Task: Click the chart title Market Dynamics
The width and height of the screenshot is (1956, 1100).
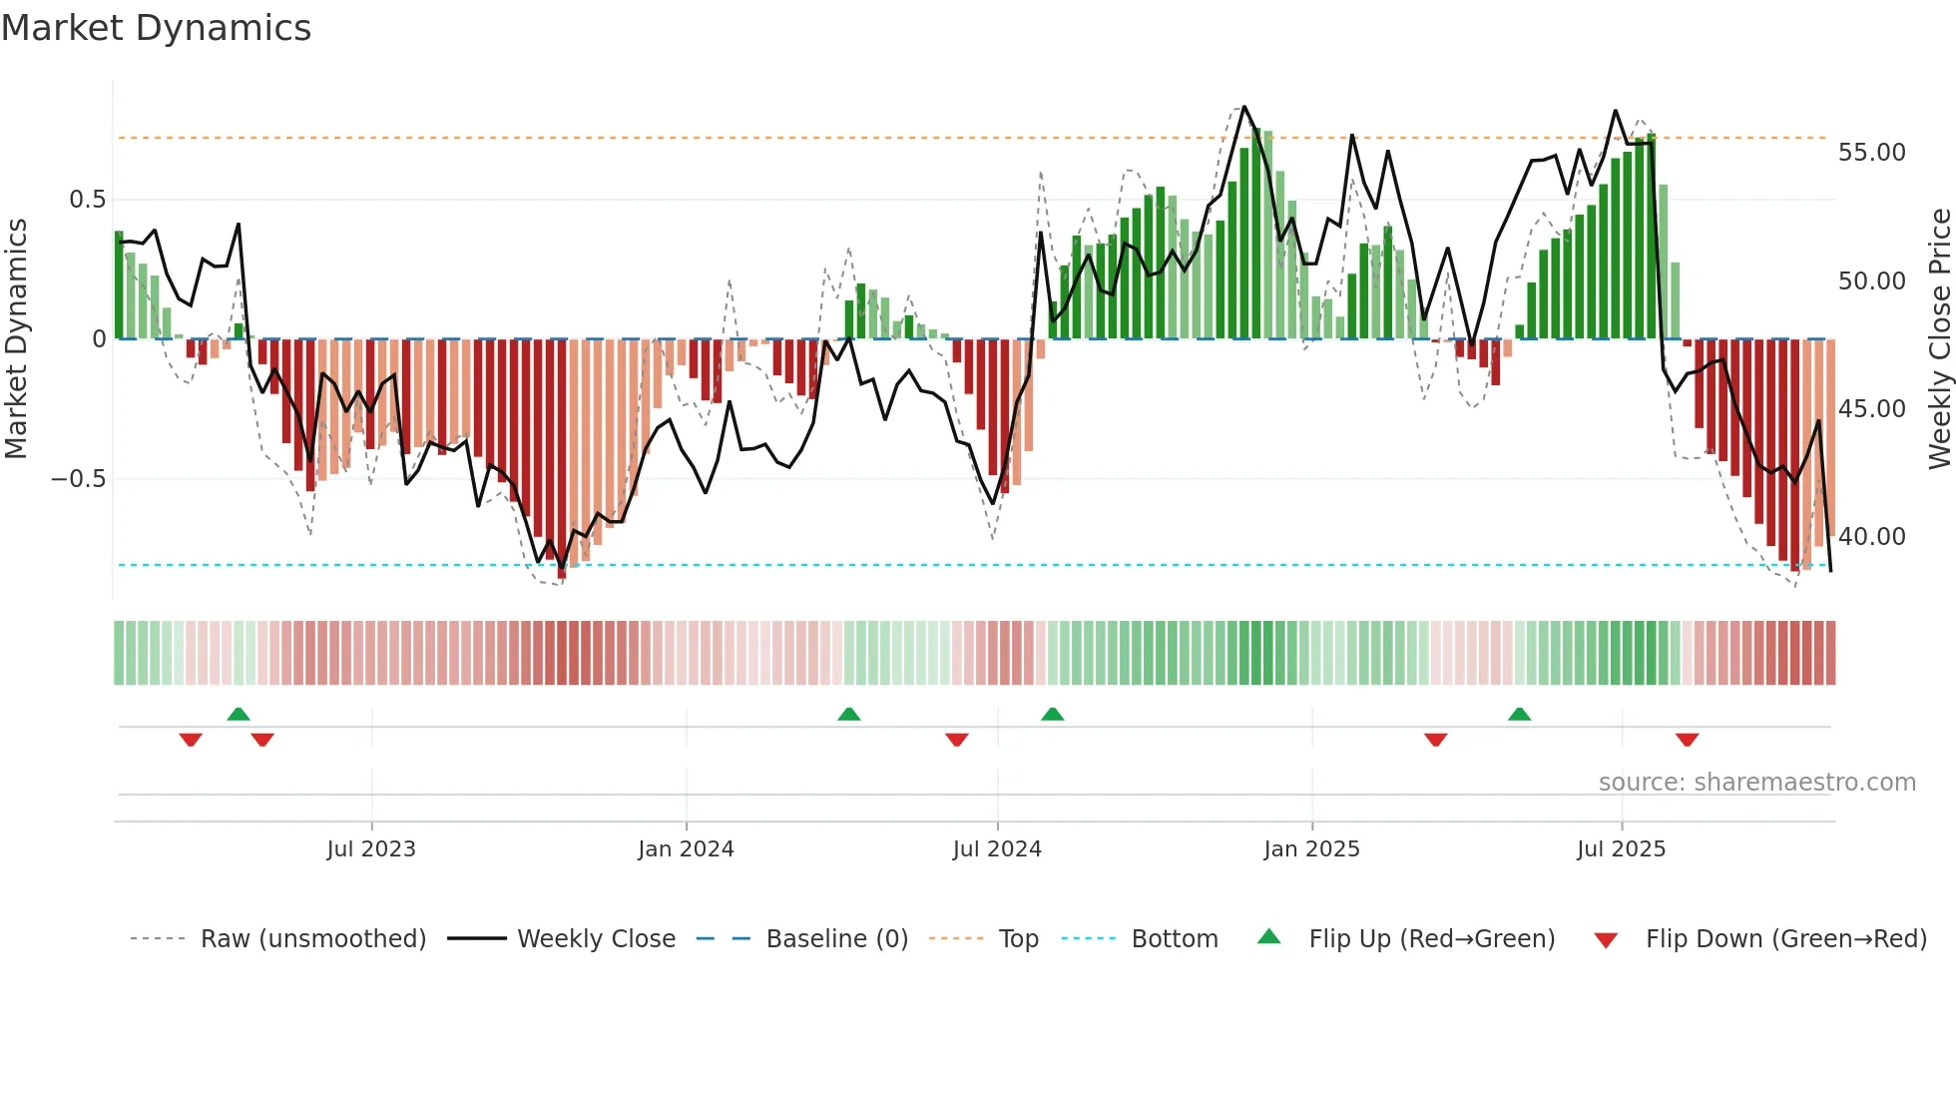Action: tap(156, 28)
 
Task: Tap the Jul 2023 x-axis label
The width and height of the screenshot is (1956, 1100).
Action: tap(371, 849)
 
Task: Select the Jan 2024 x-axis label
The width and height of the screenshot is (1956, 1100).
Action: tap(686, 849)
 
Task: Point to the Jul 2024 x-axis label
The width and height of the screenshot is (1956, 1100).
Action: tap(997, 849)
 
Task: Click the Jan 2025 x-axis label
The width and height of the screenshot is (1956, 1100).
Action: tap(1311, 849)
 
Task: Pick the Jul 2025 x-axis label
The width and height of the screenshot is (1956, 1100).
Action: tap(1622, 849)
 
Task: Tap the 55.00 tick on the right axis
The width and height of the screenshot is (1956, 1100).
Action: tap(1871, 153)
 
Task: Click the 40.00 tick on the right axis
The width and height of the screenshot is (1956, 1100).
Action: tap(1871, 537)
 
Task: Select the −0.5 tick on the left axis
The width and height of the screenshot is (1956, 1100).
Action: tap(78, 479)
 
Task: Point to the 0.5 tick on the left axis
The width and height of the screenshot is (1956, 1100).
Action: tap(87, 200)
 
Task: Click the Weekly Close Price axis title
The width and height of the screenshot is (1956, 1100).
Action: tap(1939, 339)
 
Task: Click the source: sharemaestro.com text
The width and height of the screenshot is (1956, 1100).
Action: tap(1756, 783)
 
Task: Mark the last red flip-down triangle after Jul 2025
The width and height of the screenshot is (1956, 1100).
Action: tap(1687, 740)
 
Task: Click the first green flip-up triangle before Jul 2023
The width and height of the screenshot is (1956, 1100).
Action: tap(239, 714)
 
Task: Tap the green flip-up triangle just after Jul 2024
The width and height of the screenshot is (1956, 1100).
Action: tap(1052, 714)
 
